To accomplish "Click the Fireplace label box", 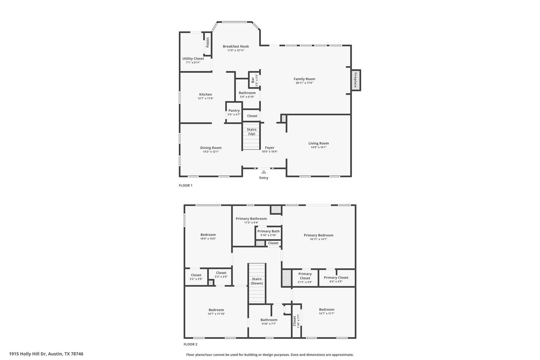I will tap(355, 80).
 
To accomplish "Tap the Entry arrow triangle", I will tap(264, 172).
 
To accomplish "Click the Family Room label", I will tap(304, 79).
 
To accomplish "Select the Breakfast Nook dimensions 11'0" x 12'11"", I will tap(236, 50).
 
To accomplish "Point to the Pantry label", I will tap(234, 111).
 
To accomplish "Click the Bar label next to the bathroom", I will tap(253, 80).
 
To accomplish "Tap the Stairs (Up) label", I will tap(252, 132).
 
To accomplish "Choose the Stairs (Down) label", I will tap(257, 281).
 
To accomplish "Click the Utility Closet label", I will tap(193, 59).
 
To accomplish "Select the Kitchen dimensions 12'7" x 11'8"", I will tap(205, 98).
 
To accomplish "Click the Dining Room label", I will tap(211, 148).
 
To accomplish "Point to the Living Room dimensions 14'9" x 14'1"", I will tap(319, 147).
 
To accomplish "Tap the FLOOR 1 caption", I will tap(186, 185).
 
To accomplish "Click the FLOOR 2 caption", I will tap(190, 344).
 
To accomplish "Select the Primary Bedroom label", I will tap(318, 235).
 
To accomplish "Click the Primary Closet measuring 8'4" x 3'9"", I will tap(336, 279).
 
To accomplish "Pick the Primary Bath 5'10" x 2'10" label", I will tap(268, 233).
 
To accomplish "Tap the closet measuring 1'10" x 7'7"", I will tap(296, 321).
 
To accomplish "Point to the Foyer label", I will tap(269, 148).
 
